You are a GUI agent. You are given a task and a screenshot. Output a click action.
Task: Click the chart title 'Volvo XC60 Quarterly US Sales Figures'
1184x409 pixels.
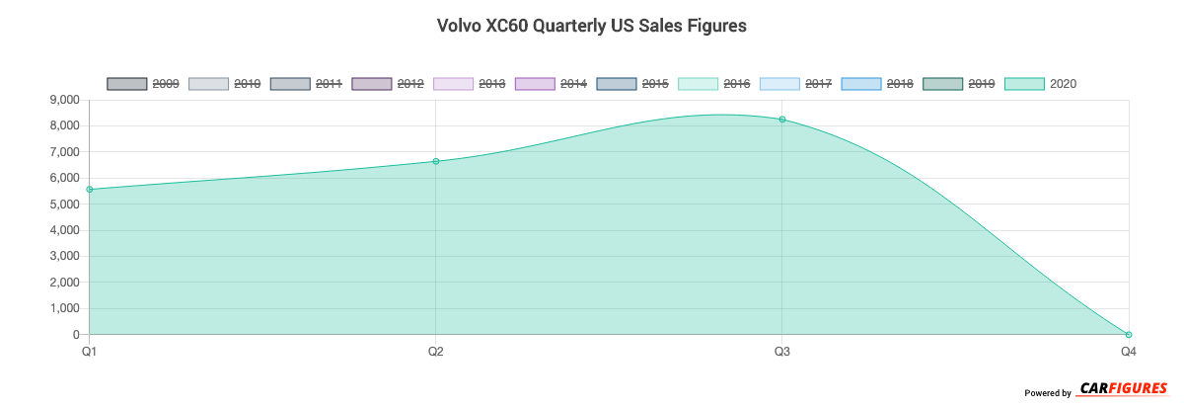click(591, 27)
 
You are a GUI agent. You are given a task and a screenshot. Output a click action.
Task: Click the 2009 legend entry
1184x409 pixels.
click(143, 84)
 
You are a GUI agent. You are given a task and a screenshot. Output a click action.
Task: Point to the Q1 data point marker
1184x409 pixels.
click(90, 190)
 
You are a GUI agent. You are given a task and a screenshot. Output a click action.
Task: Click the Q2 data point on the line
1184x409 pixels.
click(436, 161)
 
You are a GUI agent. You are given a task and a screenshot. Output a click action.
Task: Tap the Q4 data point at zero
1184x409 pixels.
click(1129, 335)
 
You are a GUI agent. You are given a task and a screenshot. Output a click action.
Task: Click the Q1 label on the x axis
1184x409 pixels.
click(90, 351)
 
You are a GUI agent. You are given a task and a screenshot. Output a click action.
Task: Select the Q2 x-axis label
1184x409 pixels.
click(436, 351)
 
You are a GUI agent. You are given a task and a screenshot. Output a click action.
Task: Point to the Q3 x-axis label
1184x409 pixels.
click(782, 351)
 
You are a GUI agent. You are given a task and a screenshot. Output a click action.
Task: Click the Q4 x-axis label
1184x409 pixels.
click(1128, 351)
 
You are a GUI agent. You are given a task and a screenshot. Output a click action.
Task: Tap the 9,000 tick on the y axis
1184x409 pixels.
click(63, 100)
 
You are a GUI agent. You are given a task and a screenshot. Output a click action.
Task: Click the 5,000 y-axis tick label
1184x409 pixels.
click(63, 204)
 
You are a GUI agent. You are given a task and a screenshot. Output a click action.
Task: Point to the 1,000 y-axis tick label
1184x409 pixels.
click(63, 308)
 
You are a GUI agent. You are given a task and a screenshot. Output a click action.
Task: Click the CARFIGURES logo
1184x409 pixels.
click(1124, 388)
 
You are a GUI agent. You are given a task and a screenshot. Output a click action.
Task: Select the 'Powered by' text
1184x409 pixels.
click(1048, 393)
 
